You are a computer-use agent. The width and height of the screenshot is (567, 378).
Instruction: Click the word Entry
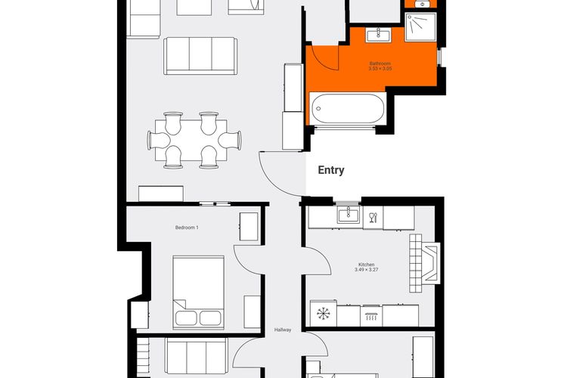point(331,170)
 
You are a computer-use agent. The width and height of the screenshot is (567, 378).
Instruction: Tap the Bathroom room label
point(380,64)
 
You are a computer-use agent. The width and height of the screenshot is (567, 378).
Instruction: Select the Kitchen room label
point(367,265)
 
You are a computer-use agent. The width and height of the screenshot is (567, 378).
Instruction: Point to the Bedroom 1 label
point(187,228)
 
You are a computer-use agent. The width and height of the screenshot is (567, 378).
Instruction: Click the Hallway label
point(283,330)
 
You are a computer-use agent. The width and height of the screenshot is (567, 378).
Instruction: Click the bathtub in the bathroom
point(348,109)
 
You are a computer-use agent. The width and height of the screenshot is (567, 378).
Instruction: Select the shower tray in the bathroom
point(420,27)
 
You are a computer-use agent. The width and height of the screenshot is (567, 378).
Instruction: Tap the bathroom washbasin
point(378,36)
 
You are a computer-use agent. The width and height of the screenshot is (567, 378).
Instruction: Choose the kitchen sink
point(349,215)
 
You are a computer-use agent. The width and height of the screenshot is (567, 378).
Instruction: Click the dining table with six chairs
point(194,141)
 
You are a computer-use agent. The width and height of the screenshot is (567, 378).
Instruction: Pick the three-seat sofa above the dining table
point(200,56)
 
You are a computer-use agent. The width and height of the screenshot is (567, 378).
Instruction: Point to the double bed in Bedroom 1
point(198,293)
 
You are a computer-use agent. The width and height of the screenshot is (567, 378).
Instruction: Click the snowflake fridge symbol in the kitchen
point(324,313)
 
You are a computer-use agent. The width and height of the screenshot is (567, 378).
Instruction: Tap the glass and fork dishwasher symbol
point(373,218)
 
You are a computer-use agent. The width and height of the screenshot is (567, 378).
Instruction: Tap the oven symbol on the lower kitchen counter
point(371,316)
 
